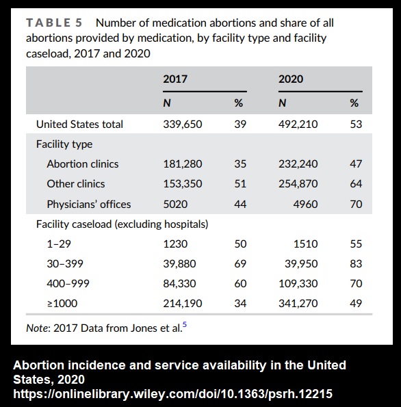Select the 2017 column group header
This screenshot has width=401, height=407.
(175, 79)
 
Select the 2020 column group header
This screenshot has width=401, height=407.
(291, 79)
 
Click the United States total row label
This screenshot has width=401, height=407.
(79, 124)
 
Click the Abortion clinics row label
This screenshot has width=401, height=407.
(82, 164)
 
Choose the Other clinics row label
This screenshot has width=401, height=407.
(75, 184)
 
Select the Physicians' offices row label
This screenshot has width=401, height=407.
(88, 204)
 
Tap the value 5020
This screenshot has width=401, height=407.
(174, 204)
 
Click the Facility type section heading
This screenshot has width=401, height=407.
(64, 144)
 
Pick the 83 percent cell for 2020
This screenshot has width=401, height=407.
(355, 263)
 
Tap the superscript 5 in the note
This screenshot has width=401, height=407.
(183, 325)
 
